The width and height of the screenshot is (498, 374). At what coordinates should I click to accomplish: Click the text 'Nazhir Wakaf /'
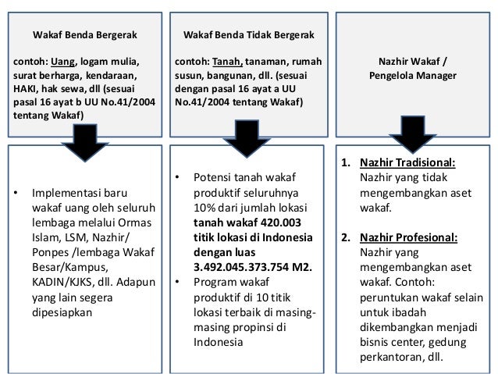point(413,62)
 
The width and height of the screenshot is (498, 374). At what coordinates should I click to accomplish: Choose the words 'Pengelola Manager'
point(413,76)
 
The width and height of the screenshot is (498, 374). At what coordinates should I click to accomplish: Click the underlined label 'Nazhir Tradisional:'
point(407,164)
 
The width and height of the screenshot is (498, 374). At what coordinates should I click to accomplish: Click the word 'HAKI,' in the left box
point(27,90)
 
